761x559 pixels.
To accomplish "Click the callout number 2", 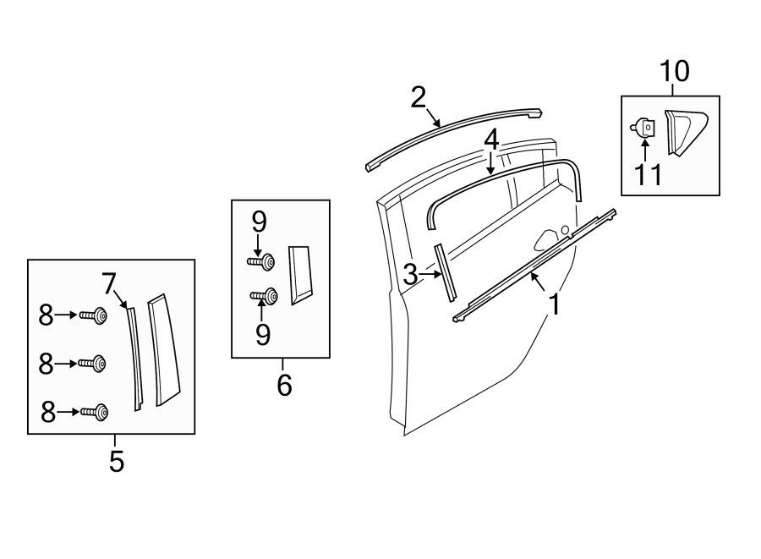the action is (418, 97).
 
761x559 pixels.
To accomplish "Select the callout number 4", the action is (491, 140).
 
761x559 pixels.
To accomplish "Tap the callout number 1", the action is (553, 304).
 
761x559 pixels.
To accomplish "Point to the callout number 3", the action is (410, 275).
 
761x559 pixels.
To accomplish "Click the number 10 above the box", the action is (675, 71).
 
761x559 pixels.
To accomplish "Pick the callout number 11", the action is (648, 175).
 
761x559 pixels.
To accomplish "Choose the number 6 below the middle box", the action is (284, 385).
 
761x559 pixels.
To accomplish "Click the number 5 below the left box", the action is (117, 461).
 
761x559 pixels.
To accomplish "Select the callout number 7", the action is (109, 283).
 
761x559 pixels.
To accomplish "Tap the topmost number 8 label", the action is (47, 315).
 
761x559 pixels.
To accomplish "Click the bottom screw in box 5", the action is (95, 412).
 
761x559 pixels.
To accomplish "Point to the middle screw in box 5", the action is (92, 364).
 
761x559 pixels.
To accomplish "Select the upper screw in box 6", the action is (261, 262).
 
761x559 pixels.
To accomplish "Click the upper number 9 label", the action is (260, 222).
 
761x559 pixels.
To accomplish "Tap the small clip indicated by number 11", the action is (643, 128).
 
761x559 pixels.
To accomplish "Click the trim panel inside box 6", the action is (300, 275).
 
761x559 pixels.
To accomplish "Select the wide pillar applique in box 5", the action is (163, 349).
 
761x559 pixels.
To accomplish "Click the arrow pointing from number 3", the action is (430, 274).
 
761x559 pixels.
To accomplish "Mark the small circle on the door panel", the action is (565, 229).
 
